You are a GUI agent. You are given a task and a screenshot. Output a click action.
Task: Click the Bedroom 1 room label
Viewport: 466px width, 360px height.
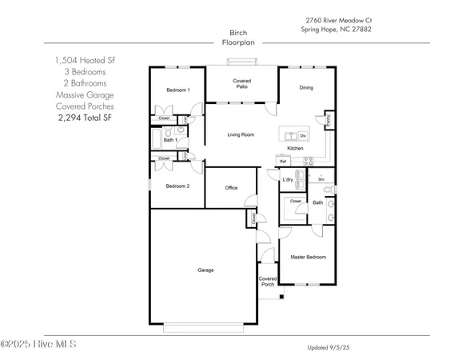pos(177,90)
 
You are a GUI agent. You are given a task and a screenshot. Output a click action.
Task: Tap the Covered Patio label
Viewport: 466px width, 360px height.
pos(242,84)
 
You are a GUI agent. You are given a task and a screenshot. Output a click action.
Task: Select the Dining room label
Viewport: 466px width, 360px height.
pos(306,88)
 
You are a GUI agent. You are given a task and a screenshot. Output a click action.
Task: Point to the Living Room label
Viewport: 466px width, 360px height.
pos(241,134)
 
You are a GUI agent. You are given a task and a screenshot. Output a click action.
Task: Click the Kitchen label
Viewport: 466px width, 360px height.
pos(295,149)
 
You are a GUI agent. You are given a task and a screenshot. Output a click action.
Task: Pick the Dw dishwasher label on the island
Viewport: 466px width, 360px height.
pos(305,135)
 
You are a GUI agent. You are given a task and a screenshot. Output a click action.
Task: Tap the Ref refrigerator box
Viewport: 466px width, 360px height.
pos(283,162)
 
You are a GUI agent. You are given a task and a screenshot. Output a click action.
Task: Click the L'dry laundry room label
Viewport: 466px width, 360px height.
pos(288,179)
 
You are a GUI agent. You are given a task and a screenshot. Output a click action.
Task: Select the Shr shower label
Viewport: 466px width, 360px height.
pos(321,180)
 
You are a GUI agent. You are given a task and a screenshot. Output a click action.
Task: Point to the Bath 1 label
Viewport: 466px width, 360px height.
pos(169,140)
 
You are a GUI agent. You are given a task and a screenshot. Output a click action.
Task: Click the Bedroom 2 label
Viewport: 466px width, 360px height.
pos(177,186)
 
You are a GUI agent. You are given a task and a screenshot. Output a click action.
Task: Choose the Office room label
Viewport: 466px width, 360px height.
pos(231,188)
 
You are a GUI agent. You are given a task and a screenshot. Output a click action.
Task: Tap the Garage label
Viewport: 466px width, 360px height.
pos(205,270)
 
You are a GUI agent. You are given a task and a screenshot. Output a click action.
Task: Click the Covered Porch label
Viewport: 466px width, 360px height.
pos(267,281)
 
